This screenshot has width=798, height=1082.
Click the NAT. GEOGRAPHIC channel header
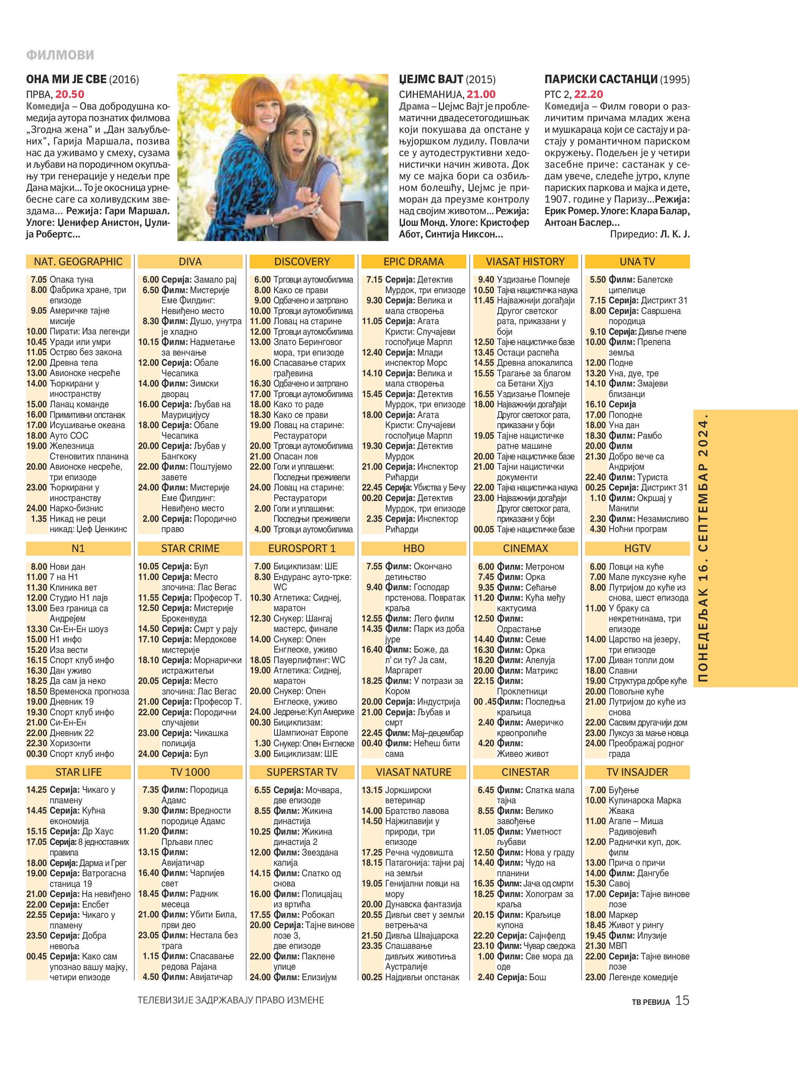tap(78, 262)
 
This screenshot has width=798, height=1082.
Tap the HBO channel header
tap(413, 549)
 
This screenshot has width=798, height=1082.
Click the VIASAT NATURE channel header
tap(413, 772)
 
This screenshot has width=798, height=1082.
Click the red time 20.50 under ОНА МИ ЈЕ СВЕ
tap(69, 94)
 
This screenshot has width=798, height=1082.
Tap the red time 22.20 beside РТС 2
tap(588, 94)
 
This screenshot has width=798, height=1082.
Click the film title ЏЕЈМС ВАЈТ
tap(431, 80)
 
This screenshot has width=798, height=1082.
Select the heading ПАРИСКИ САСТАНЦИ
tap(601, 80)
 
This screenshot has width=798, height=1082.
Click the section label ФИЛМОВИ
tap(60, 55)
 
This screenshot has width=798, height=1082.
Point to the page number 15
tap(682, 1000)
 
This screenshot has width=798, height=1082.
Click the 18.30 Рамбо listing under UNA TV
tap(623, 435)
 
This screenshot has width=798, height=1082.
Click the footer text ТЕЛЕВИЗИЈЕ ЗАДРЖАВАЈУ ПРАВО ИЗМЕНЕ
tap(231, 1000)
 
